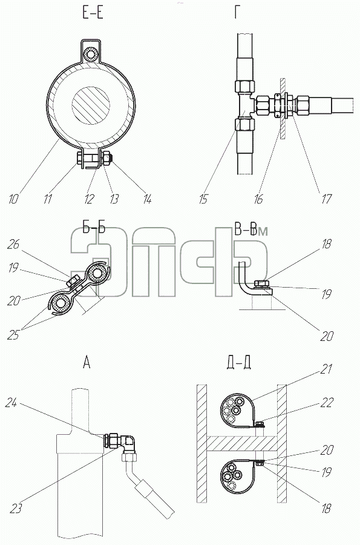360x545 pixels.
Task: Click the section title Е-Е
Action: (x=93, y=13)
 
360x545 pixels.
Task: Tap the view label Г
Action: (x=238, y=13)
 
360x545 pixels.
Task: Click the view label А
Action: (x=87, y=363)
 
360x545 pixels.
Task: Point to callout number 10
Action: (x=13, y=199)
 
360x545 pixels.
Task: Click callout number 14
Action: (x=147, y=199)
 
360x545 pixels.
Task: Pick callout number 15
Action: (x=203, y=199)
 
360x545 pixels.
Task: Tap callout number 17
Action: (x=326, y=199)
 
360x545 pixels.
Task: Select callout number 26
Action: (x=13, y=245)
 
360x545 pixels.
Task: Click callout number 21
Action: (x=326, y=369)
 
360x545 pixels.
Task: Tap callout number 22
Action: (x=327, y=402)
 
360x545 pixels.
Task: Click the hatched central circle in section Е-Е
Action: (x=91, y=105)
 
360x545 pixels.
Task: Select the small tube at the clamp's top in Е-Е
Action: (x=93, y=54)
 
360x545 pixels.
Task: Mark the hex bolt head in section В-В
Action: (x=261, y=283)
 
